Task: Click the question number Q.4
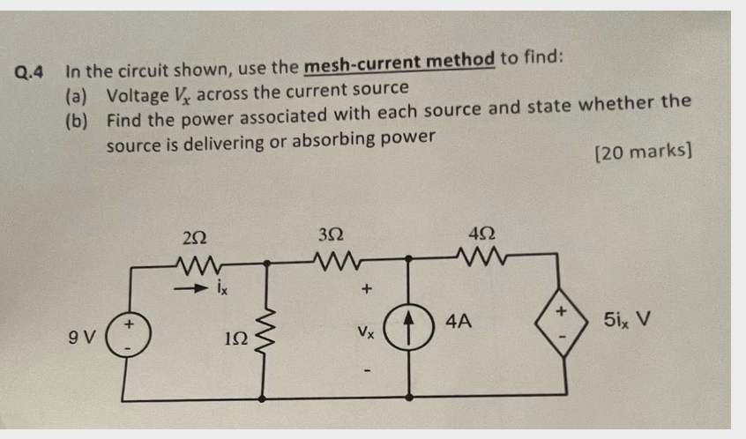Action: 33,71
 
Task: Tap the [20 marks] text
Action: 643,153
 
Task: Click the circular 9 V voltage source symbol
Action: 128,335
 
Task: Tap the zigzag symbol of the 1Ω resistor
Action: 265,330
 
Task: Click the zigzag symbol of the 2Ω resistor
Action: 196,261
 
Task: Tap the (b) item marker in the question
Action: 77,119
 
